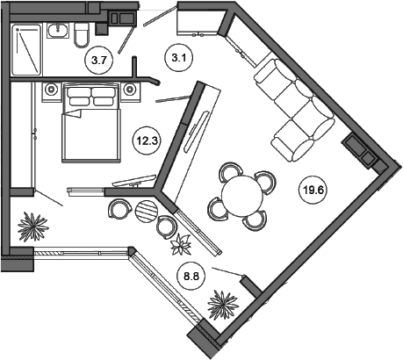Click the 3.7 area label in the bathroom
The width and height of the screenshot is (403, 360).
(x=98, y=61)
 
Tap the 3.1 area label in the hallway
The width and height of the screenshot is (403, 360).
(x=179, y=58)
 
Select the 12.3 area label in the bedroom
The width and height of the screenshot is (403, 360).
(x=147, y=141)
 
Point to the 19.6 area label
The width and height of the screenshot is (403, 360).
(x=313, y=191)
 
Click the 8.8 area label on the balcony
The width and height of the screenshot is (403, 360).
(x=191, y=276)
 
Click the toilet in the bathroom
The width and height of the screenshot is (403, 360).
(x=81, y=35)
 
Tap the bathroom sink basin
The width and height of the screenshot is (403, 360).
(x=58, y=31)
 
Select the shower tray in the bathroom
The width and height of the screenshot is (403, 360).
(x=26, y=50)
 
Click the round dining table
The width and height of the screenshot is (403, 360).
(x=242, y=196)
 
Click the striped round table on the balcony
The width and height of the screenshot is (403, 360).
(x=147, y=211)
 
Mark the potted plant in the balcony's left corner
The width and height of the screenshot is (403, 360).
(x=32, y=227)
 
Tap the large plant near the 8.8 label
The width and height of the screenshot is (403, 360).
(x=223, y=305)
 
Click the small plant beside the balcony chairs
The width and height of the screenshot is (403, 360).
(x=181, y=244)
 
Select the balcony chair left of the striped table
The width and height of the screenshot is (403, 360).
(x=119, y=209)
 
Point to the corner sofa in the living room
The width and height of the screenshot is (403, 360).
(x=294, y=110)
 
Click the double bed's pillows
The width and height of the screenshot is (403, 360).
(x=90, y=96)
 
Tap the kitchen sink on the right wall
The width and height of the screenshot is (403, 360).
(x=359, y=150)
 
